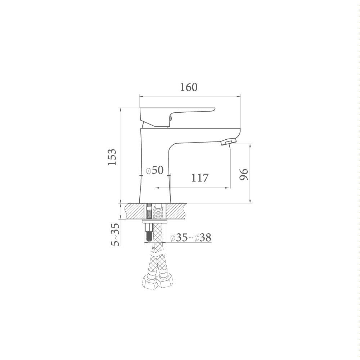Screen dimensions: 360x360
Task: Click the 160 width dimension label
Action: [x=189, y=87]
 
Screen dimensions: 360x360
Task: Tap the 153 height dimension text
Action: [x=112, y=157]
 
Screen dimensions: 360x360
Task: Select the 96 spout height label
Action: [x=244, y=174]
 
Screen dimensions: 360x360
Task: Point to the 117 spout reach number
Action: [x=200, y=178]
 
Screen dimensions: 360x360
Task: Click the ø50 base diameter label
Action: [x=155, y=170]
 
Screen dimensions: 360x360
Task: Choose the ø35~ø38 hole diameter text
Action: [x=191, y=238]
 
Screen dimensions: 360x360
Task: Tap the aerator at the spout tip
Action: [x=228, y=142]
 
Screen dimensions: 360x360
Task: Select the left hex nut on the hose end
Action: [x=148, y=282]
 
